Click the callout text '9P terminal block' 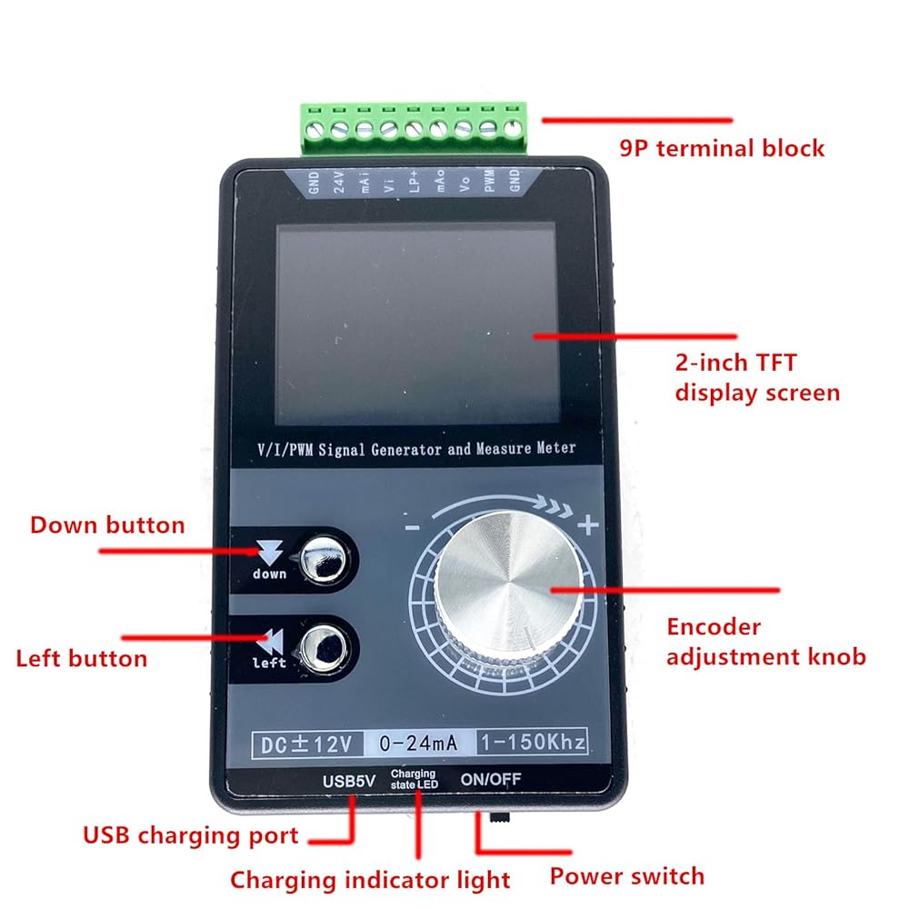click(x=722, y=148)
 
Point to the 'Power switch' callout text click(x=626, y=876)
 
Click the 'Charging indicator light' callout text click(x=370, y=880)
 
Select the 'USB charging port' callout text click(x=190, y=835)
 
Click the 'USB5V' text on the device click(x=349, y=780)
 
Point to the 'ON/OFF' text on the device click(x=491, y=779)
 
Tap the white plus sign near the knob click(x=588, y=524)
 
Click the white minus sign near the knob click(x=412, y=526)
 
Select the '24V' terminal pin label click(x=338, y=185)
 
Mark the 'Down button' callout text click(x=107, y=525)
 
